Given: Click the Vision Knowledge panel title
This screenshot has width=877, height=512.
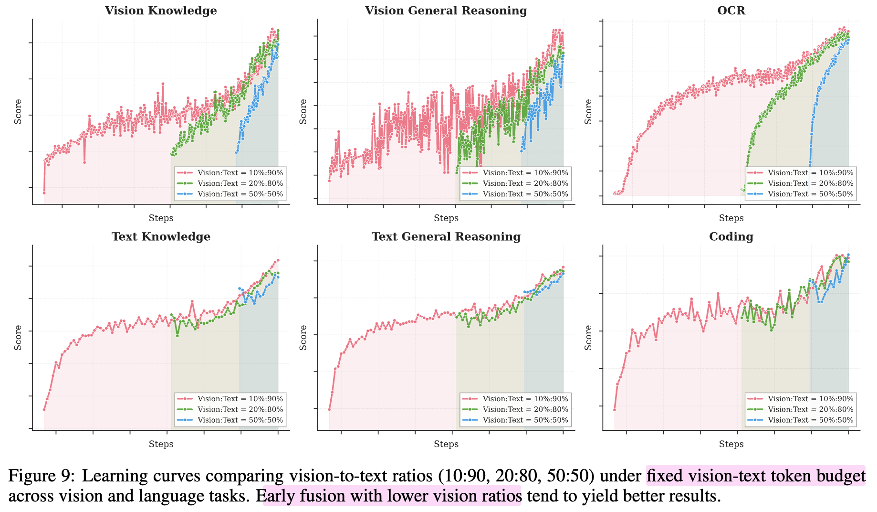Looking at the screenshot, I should [161, 11].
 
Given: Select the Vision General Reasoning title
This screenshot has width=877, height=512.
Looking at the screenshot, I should [446, 11].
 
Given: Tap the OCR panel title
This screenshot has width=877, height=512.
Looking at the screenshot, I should [731, 11].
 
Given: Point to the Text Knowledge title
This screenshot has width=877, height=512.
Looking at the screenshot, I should [161, 236].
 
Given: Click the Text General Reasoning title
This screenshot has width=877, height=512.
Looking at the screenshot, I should [446, 236].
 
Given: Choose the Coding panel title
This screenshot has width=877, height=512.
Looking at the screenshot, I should [731, 236].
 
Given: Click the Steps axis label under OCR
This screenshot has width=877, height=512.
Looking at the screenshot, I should [731, 218].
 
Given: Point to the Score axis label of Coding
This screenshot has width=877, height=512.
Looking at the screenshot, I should [588, 337].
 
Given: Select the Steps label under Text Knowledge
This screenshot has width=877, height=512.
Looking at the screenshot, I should [161, 444].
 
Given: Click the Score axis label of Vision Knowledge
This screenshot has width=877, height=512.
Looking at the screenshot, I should [18, 111].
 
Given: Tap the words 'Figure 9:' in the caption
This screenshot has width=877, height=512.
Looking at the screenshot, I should [42, 476].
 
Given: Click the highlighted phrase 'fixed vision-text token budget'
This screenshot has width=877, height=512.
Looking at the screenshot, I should [756, 476].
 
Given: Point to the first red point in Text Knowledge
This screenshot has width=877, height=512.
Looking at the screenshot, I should [44, 409].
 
